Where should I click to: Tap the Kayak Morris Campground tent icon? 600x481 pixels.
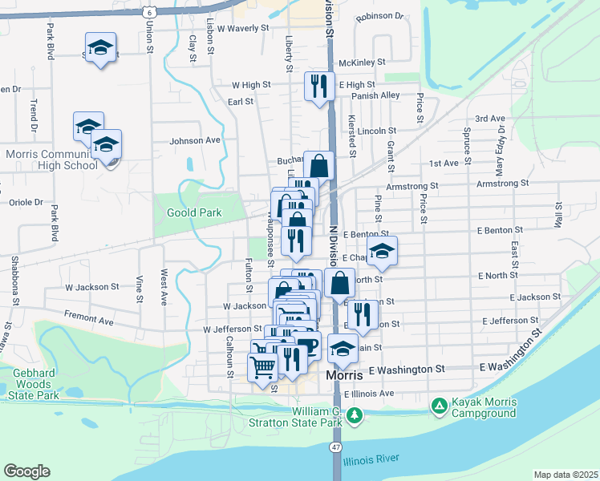(439, 406)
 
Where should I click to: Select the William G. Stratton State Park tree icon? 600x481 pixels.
(354, 415)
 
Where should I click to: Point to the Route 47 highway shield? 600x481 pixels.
(335, 447)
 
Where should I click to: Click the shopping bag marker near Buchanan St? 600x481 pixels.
(318, 165)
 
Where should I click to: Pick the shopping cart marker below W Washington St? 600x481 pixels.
(263, 369)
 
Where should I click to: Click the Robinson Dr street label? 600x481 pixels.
(380, 15)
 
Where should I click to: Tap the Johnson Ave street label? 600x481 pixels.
(194, 140)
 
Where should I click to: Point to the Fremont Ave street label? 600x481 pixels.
(89, 321)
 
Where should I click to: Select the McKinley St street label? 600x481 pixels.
(363, 62)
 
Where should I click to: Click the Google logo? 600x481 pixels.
(26, 471)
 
